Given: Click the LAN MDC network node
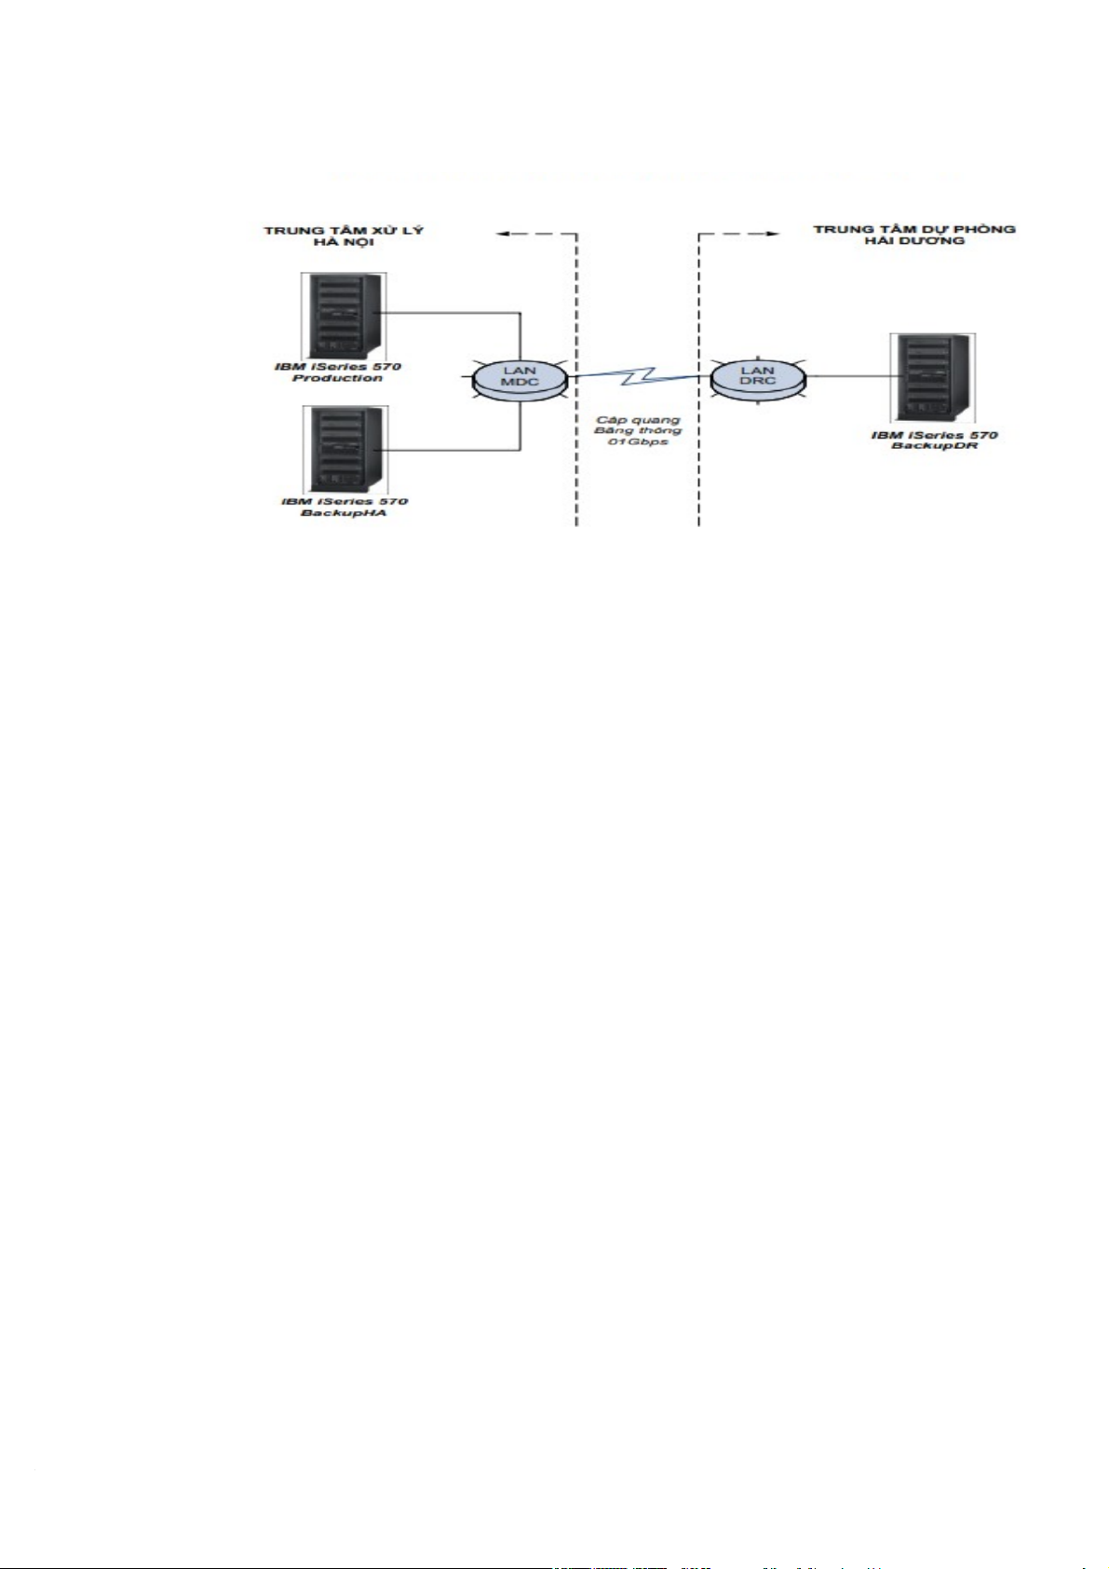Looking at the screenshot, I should [520, 377].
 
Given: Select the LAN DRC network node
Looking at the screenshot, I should [757, 376].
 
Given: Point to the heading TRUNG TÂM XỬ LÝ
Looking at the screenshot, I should [344, 230].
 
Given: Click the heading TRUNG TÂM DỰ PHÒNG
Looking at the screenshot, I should [913, 229].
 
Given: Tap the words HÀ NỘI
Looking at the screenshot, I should [344, 243].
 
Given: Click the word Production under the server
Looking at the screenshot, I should [337, 378].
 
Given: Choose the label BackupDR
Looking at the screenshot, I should [934, 446].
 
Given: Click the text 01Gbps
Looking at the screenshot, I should [638, 441].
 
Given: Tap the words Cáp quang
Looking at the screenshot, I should [638, 420].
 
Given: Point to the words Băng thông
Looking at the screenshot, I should [638, 430].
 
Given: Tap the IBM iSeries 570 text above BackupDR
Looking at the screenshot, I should [934, 435].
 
